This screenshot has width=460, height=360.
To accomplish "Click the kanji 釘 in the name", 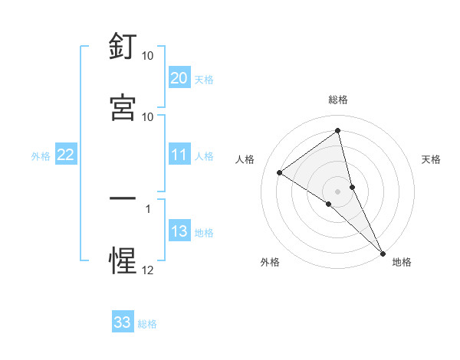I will (123, 47).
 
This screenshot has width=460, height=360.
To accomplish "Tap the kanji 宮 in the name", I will (123, 107).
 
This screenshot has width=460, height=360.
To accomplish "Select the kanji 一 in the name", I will (123, 198).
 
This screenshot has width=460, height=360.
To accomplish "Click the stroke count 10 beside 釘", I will (148, 56).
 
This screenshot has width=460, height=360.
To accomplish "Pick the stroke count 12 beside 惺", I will (148, 270).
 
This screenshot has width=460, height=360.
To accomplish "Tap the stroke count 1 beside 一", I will (148, 208).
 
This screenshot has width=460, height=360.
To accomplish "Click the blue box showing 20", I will (179, 78).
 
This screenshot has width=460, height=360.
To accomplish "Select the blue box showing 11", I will (179, 155).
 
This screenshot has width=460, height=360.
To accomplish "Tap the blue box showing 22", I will (65, 155).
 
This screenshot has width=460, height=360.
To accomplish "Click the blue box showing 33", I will (123, 322).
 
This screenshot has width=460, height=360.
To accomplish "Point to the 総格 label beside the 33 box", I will (147, 324).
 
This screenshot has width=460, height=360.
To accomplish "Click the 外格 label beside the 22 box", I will (41, 156).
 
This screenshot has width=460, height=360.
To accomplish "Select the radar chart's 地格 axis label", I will (402, 262).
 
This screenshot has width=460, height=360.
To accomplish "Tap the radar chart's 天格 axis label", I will (431, 159).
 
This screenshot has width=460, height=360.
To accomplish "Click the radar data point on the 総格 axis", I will (337, 130).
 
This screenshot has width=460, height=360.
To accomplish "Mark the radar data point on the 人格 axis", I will (280, 172).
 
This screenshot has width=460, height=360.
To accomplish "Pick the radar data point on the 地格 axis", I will (383, 253).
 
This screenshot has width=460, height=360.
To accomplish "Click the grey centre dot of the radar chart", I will (337, 191).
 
